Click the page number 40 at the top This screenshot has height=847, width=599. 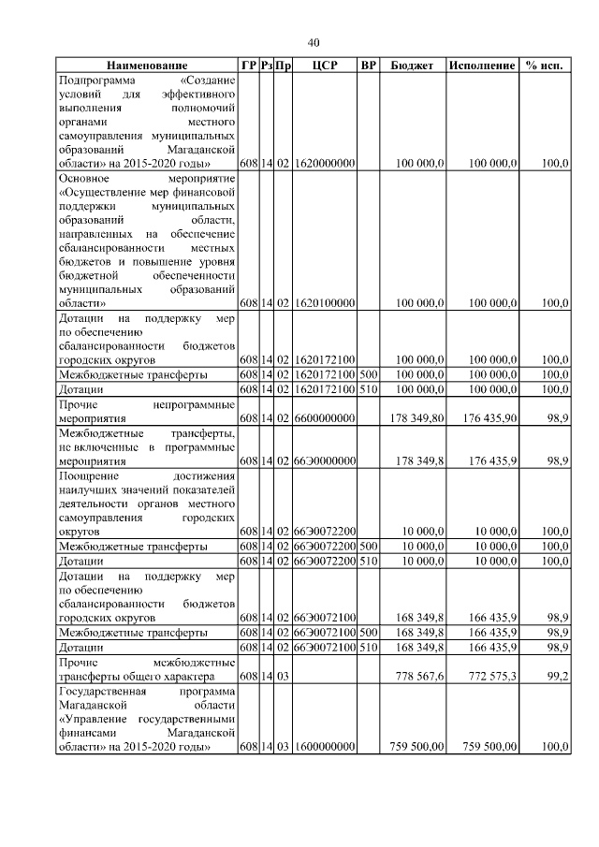pos(314,42)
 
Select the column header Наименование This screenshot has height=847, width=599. pos(146,66)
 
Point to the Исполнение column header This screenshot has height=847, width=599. pos(482,66)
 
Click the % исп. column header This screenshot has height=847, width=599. pos(547,66)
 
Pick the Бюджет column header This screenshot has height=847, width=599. pos(412,66)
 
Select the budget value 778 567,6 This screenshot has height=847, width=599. pos(418,675)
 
